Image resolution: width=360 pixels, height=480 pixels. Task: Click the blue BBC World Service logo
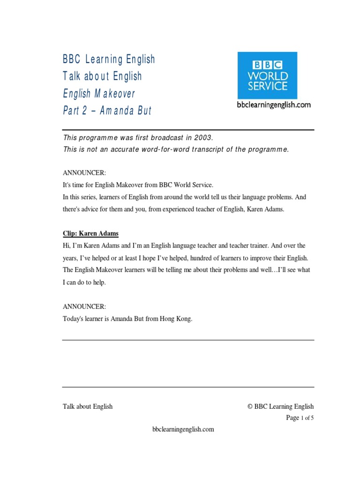tap(267, 75)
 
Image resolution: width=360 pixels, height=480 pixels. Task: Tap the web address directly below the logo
tap(273, 105)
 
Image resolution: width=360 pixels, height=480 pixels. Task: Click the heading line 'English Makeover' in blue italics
tap(99, 93)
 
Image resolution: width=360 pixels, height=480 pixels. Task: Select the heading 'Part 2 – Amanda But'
tap(107, 111)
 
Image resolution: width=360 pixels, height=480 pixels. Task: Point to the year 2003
tap(203, 138)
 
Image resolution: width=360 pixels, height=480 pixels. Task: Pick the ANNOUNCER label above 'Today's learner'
tap(84, 307)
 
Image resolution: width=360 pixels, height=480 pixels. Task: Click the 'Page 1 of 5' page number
tap(300, 418)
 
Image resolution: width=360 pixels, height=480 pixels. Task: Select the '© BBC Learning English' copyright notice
tap(281, 406)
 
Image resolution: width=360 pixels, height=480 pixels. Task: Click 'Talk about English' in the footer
tap(88, 406)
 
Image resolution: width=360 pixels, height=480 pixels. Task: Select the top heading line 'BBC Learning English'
tap(109, 59)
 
